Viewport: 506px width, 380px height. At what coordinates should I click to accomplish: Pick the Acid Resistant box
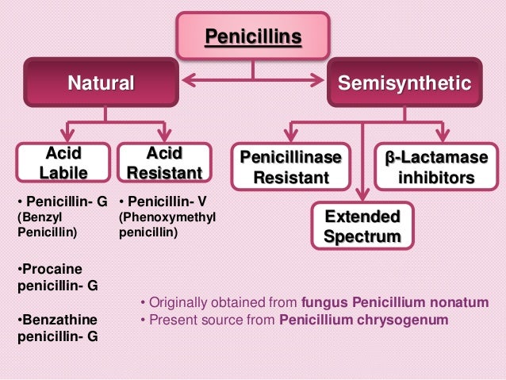tap(164, 162)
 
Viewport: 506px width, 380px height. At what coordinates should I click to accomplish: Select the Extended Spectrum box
tap(362, 225)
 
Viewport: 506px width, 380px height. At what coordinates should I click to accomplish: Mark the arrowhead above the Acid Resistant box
tap(164, 133)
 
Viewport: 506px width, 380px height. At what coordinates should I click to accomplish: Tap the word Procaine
tap(52, 269)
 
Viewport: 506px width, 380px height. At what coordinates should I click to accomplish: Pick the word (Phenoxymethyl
tap(167, 217)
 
